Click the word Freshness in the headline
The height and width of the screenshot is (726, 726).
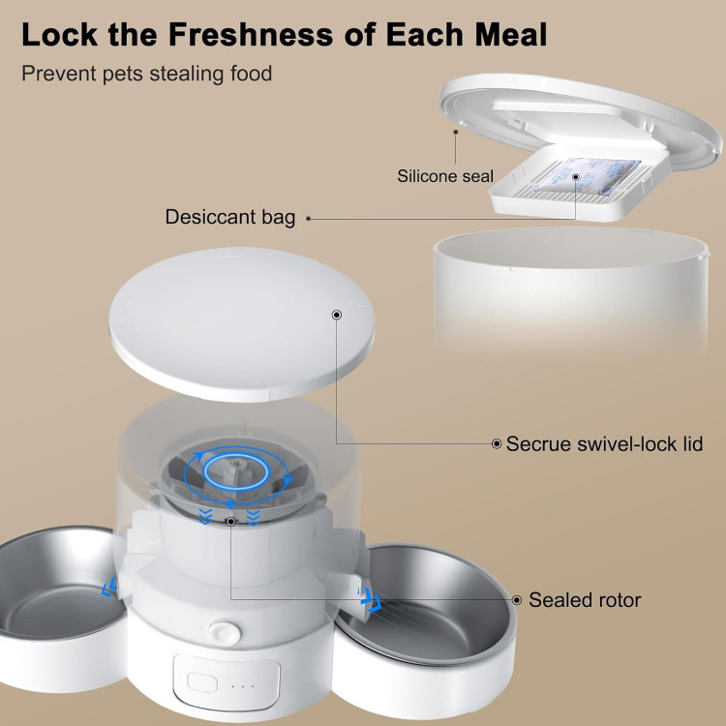(x=250, y=34)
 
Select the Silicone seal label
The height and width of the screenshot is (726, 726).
(x=445, y=176)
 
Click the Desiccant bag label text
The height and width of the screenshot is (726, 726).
(x=230, y=217)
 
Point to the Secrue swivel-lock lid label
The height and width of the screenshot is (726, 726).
(x=604, y=443)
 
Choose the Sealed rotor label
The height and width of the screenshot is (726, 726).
(x=585, y=599)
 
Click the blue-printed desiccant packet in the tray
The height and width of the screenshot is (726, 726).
(x=588, y=176)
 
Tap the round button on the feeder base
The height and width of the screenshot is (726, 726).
(x=225, y=632)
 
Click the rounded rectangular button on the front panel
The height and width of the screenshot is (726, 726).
(x=202, y=682)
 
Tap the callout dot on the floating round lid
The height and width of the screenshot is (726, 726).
(x=337, y=315)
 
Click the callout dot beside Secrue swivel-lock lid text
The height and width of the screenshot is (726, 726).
(x=497, y=444)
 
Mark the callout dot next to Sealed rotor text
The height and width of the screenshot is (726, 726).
(x=517, y=600)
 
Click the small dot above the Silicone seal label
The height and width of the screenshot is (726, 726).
(x=456, y=132)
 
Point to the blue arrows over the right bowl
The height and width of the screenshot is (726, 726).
(x=372, y=599)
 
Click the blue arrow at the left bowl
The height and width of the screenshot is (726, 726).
(x=109, y=588)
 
